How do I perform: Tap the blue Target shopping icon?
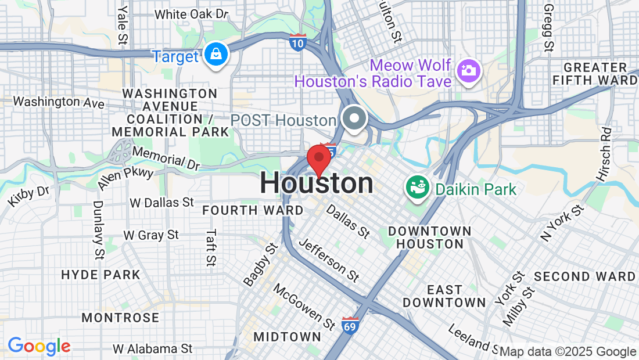(x=216, y=55)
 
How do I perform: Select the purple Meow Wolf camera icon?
(x=468, y=71)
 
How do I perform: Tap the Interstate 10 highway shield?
(x=297, y=42)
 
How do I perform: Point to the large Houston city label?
(x=317, y=183)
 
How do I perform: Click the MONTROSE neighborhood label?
(x=120, y=318)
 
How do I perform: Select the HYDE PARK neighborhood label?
(x=101, y=275)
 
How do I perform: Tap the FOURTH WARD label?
(x=253, y=210)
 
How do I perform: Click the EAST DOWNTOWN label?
(x=444, y=296)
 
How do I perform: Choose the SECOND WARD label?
(x=585, y=276)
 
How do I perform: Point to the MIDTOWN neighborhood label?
(x=288, y=337)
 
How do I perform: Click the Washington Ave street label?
(x=59, y=102)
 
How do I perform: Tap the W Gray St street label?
(x=151, y=235)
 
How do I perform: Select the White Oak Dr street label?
(x=192, y=14)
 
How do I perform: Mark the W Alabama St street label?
(x=152, y=349)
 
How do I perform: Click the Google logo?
(x=39, y=347)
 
